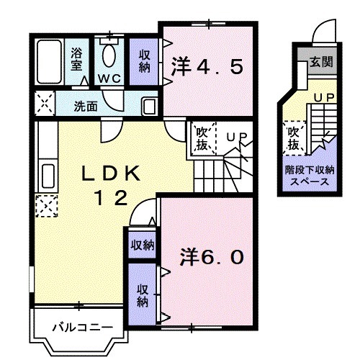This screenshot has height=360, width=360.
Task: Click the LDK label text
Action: point(110,173)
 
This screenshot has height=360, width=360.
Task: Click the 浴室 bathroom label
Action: point(77,58)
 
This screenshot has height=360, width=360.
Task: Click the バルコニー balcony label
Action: point(81,328)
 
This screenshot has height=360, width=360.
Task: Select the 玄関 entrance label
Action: point(321,63)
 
